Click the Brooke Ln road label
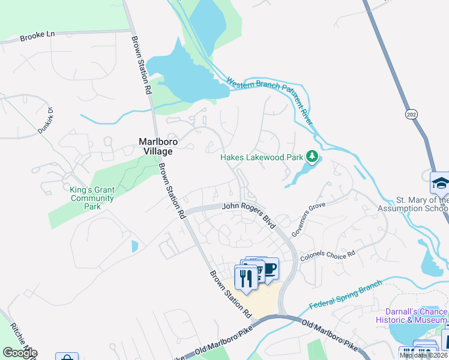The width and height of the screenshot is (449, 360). tap(37, 35)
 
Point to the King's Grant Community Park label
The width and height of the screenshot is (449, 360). tap(91, 198)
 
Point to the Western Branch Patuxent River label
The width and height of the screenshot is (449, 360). tap(270, 95)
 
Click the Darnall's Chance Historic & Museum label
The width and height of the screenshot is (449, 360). tap(412, 316)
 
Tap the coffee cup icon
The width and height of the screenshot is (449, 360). tap(270, 268)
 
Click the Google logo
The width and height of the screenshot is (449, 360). tap(20, 353)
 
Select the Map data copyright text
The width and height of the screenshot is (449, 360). tap(423, 355)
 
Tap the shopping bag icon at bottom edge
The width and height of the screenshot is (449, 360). tap(67, 357)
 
